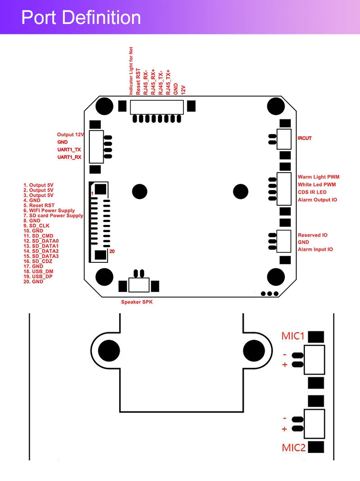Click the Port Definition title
coord(81,18)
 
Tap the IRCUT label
coord(304,139)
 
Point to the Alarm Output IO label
coord(317,199)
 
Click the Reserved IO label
coord(312,235)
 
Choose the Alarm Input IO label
coord(315,249)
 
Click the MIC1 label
coord(293,336)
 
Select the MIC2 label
coord(293,448)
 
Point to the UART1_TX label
coord(69,150)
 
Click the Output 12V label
coord(71,135)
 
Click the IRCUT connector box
coord(284,139)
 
